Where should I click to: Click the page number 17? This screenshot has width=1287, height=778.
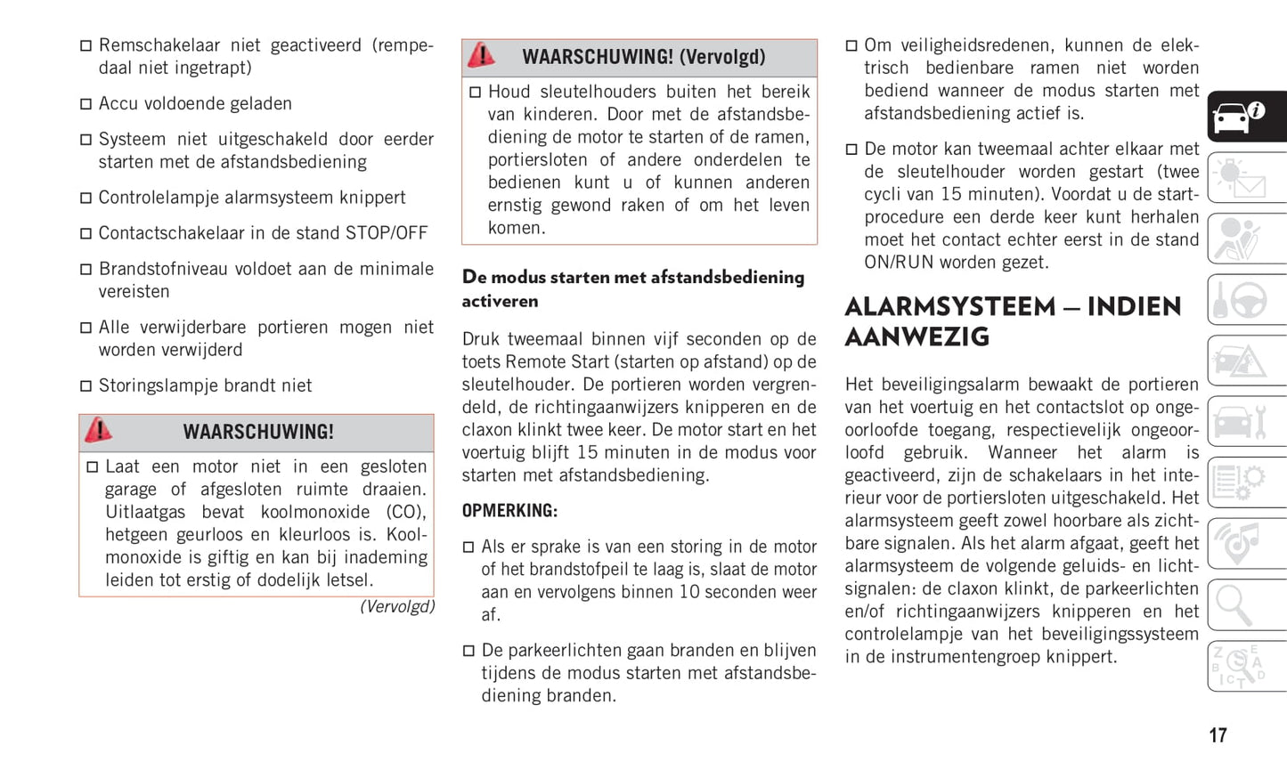1218,735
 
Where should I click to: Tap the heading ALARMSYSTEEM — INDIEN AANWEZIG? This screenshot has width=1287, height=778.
1013,321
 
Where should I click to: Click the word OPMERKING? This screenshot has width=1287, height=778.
509,511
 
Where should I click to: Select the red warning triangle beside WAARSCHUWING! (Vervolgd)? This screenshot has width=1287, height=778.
481,55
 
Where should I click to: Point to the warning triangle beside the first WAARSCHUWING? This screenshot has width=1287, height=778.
98,431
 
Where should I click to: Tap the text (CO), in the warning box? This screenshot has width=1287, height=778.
406,513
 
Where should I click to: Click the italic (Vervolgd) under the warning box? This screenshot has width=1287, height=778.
397,607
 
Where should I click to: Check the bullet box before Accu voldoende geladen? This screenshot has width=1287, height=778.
86,104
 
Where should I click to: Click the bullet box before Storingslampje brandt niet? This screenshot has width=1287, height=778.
86,386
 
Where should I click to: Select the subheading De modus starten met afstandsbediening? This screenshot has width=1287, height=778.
632,278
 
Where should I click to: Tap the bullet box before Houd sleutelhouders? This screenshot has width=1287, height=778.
476,93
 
